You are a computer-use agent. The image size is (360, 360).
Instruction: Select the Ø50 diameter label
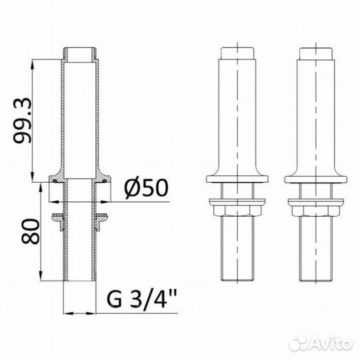tap(145, 188)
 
